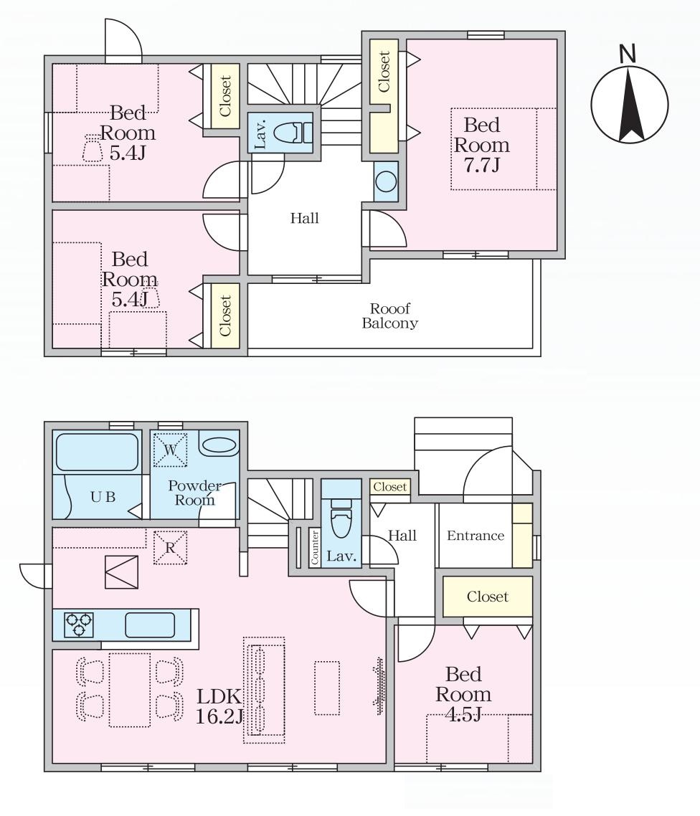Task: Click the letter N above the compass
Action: [629, 54]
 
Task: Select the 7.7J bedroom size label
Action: [482, 145]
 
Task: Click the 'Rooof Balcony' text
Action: [390, 316]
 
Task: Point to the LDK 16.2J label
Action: [219, 706]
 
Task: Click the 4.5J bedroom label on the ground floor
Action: [463, 694]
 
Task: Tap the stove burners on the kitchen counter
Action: [79, 625]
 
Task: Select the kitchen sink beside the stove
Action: [150, 625]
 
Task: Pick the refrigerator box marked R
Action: [170, 548]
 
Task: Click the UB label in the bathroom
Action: [103, 497]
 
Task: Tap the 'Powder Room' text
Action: [194, 493]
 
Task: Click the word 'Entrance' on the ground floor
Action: [476, 536]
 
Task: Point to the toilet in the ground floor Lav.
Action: [341, 517]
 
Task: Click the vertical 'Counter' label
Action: [314, 548]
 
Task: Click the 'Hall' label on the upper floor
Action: [305, 218]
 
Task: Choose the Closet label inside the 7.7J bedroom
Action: [384, 72]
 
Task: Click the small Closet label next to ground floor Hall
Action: [390, 487]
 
